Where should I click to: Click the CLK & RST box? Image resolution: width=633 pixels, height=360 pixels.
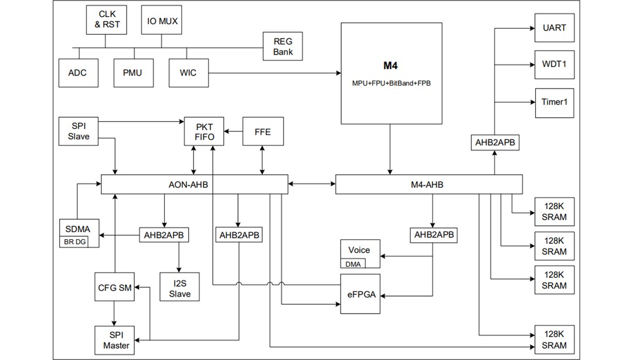click(106, 20)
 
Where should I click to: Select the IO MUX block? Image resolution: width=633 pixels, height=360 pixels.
click(162, 20)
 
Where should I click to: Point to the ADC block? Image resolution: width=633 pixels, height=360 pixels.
click(77, 73)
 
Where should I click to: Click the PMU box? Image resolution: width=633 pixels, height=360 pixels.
click(132, 73)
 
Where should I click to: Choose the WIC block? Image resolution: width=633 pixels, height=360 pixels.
click(188, 73)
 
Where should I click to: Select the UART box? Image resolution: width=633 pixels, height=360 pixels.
click(554, 28)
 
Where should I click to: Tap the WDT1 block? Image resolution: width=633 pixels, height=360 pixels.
click(554, 64)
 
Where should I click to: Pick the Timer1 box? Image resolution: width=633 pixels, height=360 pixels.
click(554, 101)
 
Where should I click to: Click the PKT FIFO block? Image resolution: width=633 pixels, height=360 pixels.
click(205, 131)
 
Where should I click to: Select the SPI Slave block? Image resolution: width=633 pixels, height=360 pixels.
click(79, 131)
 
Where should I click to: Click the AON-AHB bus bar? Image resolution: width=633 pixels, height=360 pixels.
click(194, 185)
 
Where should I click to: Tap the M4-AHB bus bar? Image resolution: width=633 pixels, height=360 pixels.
click(428, 185)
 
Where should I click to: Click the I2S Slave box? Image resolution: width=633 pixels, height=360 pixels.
click(180, 288)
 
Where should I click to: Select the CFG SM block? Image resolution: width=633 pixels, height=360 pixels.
click(115, 287)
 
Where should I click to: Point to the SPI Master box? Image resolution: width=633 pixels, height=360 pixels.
click(115, 340)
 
